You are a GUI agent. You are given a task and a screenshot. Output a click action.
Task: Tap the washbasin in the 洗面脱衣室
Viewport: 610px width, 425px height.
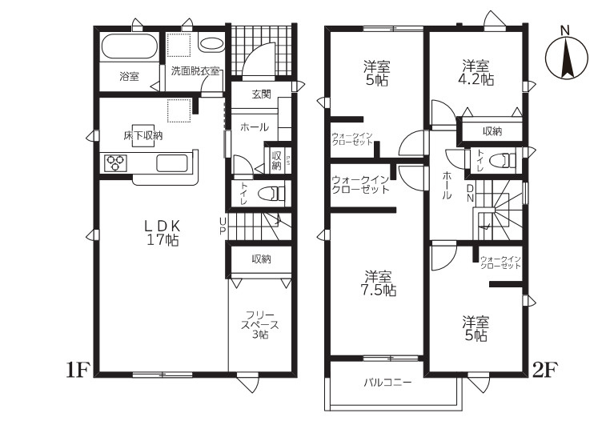point(211,43)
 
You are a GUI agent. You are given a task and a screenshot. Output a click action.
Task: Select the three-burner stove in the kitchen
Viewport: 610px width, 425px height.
point(115,163)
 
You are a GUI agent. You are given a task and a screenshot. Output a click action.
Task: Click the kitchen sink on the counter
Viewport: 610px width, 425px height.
point(172,163)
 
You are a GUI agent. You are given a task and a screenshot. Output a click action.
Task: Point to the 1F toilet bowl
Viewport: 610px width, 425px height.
point(275,193)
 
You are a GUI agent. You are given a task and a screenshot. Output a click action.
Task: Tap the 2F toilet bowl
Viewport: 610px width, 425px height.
point(503,160)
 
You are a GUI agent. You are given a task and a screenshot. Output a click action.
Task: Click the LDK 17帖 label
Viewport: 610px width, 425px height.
point(163,233)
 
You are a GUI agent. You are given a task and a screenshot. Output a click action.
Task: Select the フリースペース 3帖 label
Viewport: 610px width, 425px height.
point(259,324)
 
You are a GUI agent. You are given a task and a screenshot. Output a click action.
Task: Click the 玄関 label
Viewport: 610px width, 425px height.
point(261,94)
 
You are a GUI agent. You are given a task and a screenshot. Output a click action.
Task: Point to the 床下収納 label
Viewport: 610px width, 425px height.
point(142,136)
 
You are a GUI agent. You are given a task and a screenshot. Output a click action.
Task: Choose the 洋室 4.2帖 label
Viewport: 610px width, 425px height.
point(476,72)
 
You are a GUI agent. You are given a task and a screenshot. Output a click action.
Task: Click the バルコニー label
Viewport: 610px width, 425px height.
point(387,383)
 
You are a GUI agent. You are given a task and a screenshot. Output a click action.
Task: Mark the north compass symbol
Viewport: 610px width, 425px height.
point(567,54)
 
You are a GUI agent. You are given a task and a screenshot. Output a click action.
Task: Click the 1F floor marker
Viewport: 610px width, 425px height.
point(78,370)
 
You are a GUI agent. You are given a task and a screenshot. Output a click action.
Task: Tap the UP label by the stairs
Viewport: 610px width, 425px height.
point(223,227)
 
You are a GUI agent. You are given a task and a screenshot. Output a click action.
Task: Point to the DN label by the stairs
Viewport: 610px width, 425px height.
point(470,193)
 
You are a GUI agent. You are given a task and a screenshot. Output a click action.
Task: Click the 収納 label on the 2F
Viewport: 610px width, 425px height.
point(492,131)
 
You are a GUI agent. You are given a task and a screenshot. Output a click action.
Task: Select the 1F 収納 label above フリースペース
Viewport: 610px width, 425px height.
point(261,259)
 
